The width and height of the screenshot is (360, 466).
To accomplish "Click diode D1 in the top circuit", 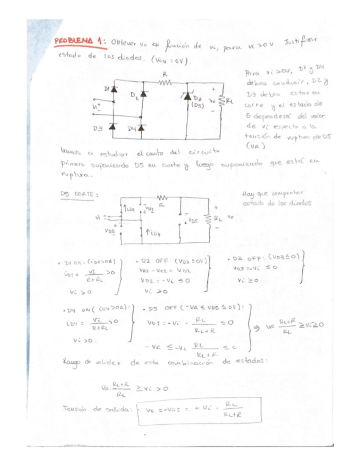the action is tap(114, 88).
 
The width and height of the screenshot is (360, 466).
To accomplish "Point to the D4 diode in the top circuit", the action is tap(141, 127).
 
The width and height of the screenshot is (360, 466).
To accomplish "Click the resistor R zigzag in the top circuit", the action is tap(165, 82).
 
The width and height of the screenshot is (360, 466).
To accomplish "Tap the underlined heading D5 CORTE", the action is tap(79, 194).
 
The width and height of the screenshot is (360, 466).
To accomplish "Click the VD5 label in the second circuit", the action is tap(193, 221).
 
